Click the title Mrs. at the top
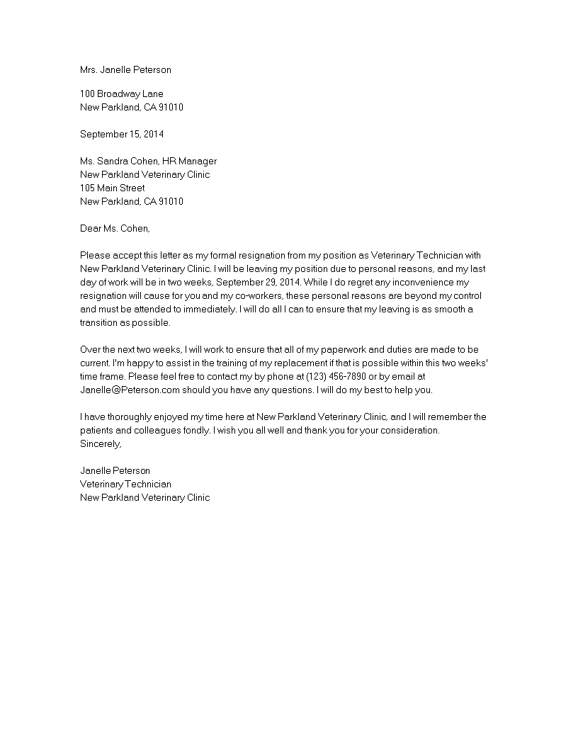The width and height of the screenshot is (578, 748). click(89, 69)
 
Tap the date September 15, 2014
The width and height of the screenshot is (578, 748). click(121, 134)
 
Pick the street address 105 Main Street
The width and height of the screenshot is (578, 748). click(113, 188)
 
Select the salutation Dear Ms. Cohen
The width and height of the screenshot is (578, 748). click(115, 228)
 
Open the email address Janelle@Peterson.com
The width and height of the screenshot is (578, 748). click(131, 390)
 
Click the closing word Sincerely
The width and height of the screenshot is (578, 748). click(101, 444)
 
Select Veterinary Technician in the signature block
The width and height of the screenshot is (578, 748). click(125, 484)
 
